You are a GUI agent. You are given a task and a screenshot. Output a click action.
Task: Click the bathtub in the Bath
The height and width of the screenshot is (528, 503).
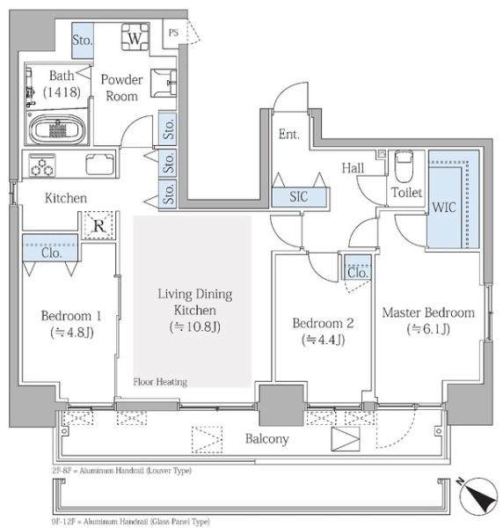point(57,129)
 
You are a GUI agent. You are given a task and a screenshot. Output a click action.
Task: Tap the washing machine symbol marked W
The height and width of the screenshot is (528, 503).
point(135,37)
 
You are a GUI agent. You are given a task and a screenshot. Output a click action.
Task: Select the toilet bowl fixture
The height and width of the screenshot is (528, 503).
point(404,165)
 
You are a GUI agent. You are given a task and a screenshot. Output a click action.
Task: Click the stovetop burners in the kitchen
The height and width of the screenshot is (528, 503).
point(42,165)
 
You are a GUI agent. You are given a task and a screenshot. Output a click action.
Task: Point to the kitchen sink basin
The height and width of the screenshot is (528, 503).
point(100,165)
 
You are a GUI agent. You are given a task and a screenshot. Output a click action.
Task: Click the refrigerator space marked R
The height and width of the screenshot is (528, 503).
point(98,225)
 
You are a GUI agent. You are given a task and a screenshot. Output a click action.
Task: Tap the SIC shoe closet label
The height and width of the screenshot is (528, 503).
point(299,196)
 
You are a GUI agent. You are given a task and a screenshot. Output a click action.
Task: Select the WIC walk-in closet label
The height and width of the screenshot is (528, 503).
point(444,207)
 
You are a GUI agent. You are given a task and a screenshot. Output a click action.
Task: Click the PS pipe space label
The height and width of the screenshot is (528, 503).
point(173,33)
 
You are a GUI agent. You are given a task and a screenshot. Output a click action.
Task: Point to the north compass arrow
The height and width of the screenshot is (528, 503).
point(479,497)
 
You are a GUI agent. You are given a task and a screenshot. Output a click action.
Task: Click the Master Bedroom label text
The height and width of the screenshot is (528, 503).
point(428,312)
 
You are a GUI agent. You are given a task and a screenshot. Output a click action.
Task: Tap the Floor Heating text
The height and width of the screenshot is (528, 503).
point(160,382)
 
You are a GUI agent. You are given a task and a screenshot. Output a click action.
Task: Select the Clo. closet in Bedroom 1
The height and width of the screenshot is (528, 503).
point(50,248)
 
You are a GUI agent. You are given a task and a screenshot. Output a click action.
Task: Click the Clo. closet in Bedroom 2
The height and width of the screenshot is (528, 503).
point(358,268)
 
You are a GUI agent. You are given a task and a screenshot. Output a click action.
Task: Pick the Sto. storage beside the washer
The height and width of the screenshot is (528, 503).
point(83,40)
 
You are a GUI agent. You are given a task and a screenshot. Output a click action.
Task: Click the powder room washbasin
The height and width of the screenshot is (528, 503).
point(164,84)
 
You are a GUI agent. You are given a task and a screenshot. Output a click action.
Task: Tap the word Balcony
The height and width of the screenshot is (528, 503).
point(266,439)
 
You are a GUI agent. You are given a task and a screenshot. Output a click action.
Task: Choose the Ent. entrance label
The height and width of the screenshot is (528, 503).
point(289,135)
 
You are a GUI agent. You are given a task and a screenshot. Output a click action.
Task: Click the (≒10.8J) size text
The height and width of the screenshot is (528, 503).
point(195,326)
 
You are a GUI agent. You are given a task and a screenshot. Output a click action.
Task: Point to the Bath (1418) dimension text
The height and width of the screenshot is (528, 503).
point(62,92)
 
